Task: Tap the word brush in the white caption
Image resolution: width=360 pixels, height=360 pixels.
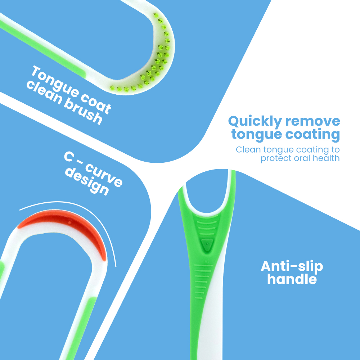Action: (x=83, y=112)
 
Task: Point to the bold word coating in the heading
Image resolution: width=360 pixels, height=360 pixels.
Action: (x=312, y=135)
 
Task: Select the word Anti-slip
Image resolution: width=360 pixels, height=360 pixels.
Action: (x=292, y=267)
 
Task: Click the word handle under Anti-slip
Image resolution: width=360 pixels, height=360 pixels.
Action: (x=292, y=279)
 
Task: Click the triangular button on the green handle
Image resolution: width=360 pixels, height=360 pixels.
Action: (x=207, y=245)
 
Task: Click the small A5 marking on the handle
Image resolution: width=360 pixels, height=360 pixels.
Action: (x=207, y=261)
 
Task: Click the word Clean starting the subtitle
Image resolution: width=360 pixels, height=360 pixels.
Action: (x=248, y=150)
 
